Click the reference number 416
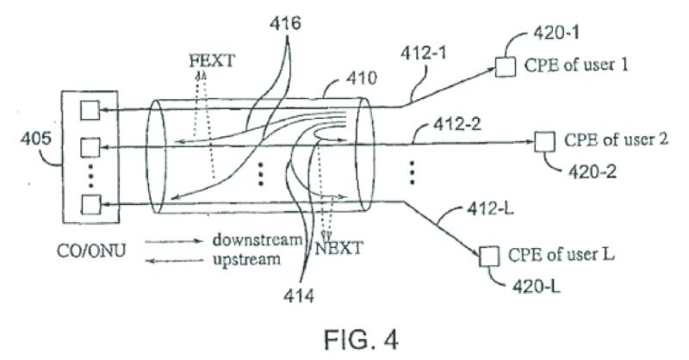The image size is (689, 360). pos(285,23)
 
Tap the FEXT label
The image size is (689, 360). pos(212,60)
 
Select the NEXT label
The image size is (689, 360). pos(339,248)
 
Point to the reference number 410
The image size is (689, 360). pos(361,78)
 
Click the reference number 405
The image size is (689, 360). pos(35,139)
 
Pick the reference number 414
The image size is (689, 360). pos(299,295)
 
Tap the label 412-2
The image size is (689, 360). pos(457,124)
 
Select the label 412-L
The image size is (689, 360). pos(489,208)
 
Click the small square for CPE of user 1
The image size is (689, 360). pos(506,67)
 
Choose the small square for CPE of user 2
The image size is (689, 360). pos(544,142)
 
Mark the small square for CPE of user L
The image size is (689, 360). pos(489,257)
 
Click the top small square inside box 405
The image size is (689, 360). pos(90,110)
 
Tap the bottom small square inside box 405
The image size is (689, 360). pos(90,205)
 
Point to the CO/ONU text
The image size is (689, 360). pos(91,251)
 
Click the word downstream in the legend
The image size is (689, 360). pos(258,240)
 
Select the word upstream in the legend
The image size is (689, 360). pos(246,260)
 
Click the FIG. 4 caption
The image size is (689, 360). pos(361,340)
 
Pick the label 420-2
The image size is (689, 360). pos(593,172)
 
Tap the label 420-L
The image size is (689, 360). pos(537,287)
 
